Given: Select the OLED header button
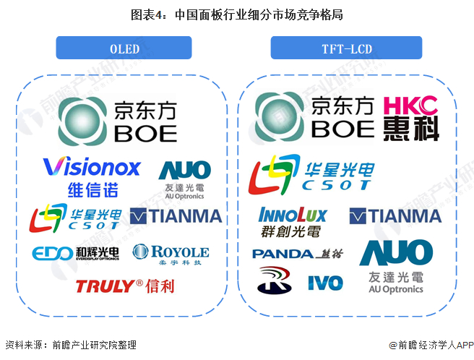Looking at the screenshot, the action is pos(124,48).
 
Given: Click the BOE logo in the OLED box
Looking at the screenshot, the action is pos(119,120).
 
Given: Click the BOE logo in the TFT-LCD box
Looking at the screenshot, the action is pos(314,118).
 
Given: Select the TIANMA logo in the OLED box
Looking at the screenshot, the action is pos(176,216).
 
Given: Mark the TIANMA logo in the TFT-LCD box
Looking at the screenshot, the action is pos(395,215).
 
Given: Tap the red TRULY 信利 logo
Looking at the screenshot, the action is pos(124,286).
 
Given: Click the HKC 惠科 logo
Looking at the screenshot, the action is pos(410,117).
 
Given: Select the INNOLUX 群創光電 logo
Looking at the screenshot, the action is pos(293,221).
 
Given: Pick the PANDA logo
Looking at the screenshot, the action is pos(293,254).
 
